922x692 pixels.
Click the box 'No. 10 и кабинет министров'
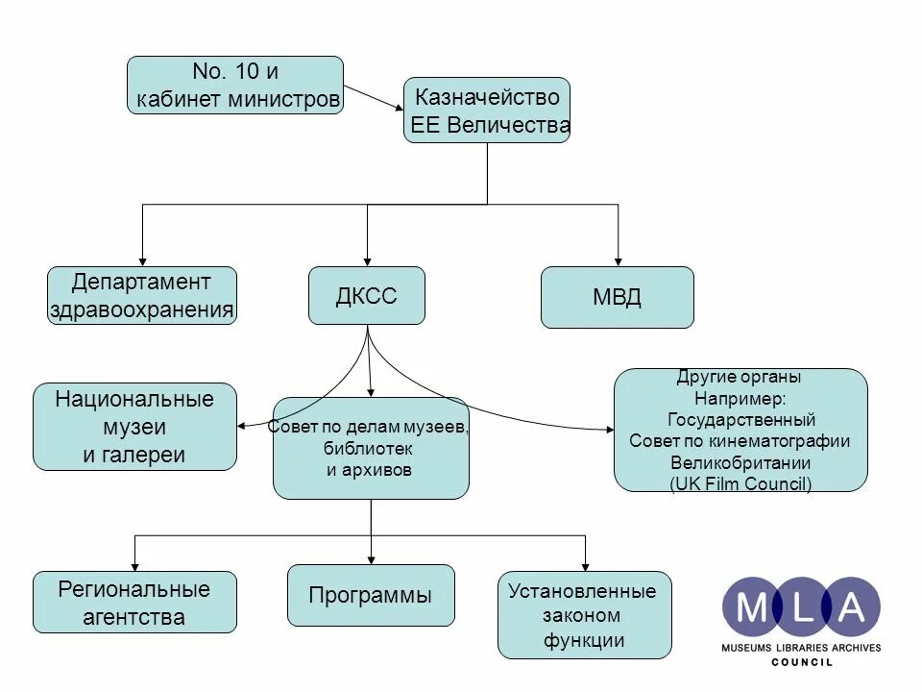click(235, 85)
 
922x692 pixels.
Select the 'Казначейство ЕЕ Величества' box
click(486, 110)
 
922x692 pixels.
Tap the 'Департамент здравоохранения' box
click(142, 295)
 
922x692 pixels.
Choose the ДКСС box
click(366, 295)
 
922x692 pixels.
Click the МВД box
click(617, 297)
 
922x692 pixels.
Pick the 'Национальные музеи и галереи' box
click(134, 426)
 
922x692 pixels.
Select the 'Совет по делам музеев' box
click(371, 448)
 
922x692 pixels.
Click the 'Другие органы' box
click(740, 430)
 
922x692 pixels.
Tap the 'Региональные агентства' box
click(134, 602)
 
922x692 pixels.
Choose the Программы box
click(371, 595)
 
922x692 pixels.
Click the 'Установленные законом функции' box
click(584, 615)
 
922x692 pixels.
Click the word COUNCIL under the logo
click(802, 662)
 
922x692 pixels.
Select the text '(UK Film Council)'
click(740, 483)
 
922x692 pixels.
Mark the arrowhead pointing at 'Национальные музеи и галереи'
click(242, 425)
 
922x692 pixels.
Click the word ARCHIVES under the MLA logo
click(856, 648)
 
